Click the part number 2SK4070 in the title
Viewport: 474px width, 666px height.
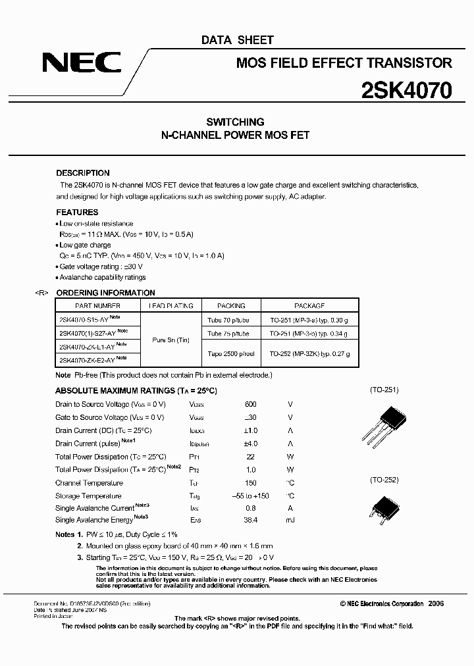click(x=406, y=90)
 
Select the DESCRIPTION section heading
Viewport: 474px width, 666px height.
click(x=83, y=173)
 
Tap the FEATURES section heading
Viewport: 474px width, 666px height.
click(x=77, y=213)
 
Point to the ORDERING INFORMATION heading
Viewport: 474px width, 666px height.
click(x=106, y=293)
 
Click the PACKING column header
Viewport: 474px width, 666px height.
click(x=231, y=306)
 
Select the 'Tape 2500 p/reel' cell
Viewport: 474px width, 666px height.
click(x=231, y=354)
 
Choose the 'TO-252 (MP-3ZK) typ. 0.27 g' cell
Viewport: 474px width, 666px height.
click(x=309, y=354)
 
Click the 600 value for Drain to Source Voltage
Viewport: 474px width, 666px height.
click(x=250, y=404)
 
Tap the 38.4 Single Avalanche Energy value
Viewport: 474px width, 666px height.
click(x=250, y=520)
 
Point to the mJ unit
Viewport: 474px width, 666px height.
click(x=290, y=520)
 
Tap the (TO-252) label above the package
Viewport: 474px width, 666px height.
click(x=384, y=480)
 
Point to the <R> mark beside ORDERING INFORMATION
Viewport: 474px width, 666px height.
click(x=41, y=293)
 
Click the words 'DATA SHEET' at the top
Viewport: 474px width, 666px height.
click(x=237, y=40)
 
